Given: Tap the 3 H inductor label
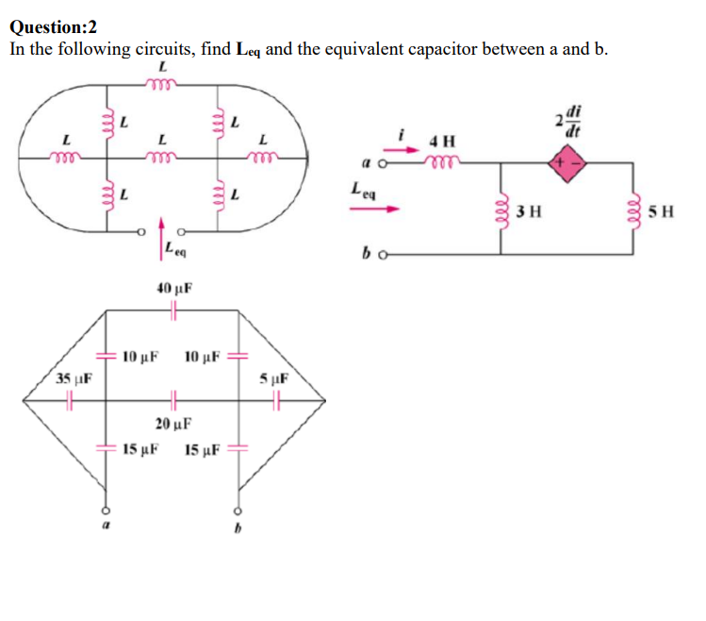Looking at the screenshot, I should (527, 210).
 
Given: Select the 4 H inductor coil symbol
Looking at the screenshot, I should (439, 160).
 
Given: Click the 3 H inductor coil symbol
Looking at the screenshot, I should (500, 210).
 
